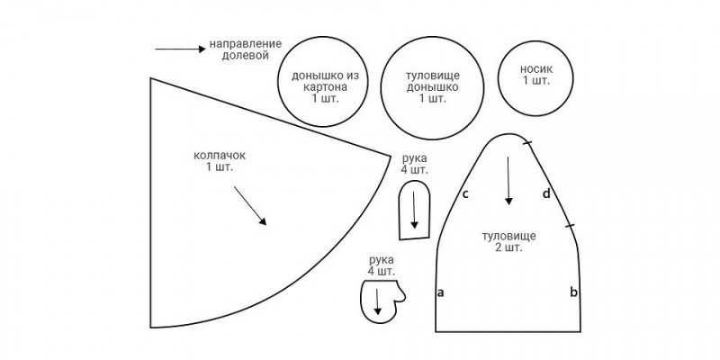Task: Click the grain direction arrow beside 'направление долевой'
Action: [181, 49]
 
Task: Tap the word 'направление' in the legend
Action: [245, 44]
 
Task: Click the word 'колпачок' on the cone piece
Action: [220, 156]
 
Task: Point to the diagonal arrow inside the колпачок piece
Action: [250, 205]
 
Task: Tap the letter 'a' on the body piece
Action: [440, 292]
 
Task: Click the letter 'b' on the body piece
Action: [573, 292]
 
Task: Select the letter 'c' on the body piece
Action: [465, 194]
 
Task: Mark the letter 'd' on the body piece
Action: [546, 193]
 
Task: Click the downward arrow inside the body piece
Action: [508, 181]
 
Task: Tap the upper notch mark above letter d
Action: [527, 144]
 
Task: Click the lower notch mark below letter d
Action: [570, 226]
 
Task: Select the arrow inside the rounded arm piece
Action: [414, 210]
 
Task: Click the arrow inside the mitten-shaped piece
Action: [377, 301]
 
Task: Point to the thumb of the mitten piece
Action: [400, 294]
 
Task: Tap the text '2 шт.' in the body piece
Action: [508, 248]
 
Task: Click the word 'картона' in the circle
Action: [325, 86]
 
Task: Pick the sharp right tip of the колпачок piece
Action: [391, 157]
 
